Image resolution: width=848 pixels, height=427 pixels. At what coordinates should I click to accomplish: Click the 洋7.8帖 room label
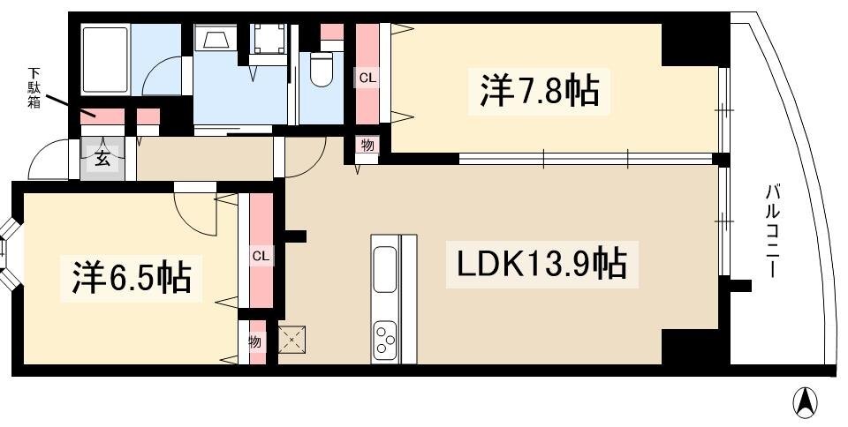[539, 91]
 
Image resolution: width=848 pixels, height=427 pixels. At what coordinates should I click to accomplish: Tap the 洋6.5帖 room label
[132, 278]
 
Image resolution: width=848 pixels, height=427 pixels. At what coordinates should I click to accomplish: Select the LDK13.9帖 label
[541, 264]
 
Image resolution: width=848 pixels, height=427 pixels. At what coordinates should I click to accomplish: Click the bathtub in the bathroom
[104, 59]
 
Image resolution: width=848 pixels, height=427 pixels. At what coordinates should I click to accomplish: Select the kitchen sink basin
[385, 269]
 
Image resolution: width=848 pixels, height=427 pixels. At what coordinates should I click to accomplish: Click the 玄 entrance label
[102, 160]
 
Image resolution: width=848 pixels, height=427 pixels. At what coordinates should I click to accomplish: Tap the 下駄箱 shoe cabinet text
[34, 87]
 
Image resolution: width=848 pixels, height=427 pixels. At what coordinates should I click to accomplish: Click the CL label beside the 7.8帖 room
[367, 79]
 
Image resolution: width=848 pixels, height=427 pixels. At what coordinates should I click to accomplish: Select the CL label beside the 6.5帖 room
[261, 257]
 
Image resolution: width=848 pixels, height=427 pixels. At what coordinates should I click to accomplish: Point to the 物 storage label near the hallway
[367, 146]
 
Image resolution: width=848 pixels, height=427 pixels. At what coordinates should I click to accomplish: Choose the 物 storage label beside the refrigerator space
[255, 341]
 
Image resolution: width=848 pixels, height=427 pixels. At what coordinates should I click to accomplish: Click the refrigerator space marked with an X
[291, 340]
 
